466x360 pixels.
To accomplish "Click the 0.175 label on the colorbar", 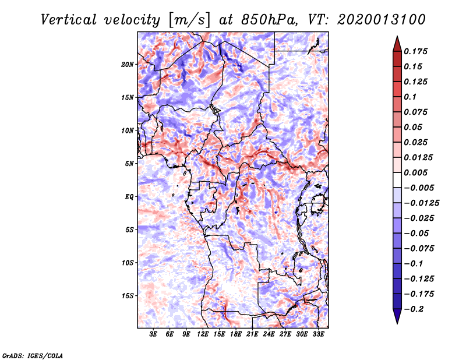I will tap(418, 51).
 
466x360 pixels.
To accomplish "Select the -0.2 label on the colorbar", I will tap(416, 309).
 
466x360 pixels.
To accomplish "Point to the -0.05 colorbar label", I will tap(421, 233).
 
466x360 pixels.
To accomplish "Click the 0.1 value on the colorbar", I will tap(413, 97).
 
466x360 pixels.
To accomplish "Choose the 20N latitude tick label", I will tap(128, 64).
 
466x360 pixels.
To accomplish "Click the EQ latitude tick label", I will tap(129, 197).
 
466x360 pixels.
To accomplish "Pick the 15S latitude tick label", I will tap(128, 296).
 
